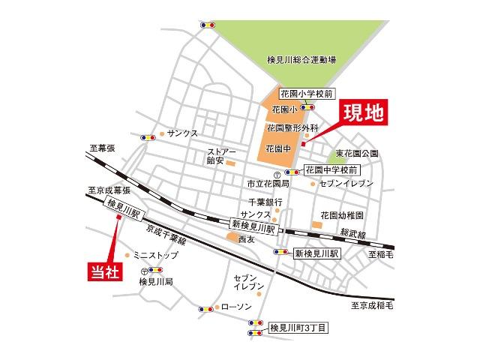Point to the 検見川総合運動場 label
point(301,58)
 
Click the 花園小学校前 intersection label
point(304,94)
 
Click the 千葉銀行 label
point(266,202)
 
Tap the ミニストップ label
point(156,255)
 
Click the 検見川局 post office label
point(156,282)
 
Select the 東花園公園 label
point(357,154)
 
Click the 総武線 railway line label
point(352,234)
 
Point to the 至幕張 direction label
point(100,149)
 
